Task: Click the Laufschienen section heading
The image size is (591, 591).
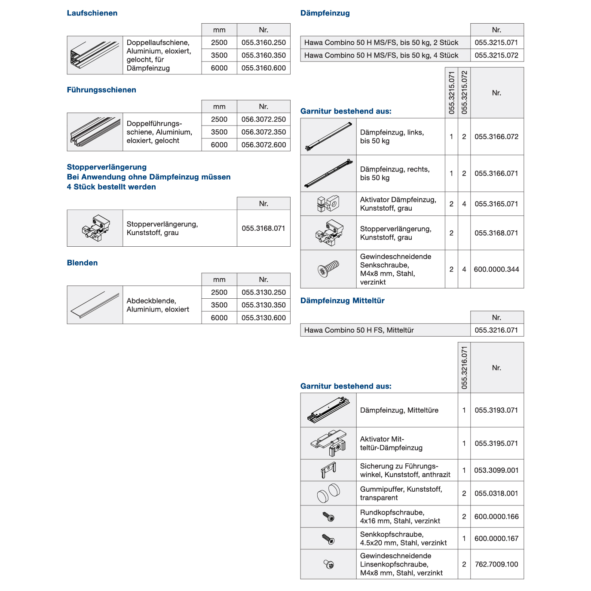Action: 92,13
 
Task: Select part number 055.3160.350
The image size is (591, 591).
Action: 263,55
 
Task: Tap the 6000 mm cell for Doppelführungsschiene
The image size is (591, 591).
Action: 219,145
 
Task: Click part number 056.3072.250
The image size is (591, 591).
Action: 263,119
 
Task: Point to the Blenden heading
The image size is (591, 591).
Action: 82,263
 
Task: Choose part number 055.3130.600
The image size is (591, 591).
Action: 263,318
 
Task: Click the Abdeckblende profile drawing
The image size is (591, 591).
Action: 95,305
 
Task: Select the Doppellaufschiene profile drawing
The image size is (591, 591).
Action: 95,55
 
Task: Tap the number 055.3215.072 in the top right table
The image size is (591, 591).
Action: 496,55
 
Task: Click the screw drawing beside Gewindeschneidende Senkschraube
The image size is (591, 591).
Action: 328,269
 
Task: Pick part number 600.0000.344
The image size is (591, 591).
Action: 496,269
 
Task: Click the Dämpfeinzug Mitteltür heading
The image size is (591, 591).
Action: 342,300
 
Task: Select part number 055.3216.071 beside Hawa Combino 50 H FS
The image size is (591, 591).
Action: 496,330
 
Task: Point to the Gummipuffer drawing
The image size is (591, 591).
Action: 328,493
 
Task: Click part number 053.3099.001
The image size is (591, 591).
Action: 496,470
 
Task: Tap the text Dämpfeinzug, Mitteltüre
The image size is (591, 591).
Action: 399,410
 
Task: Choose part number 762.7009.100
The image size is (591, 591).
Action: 496,564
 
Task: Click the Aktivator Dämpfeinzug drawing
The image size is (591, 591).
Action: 328,204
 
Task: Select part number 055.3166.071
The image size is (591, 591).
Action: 496,173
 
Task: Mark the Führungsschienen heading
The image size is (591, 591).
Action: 101,90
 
